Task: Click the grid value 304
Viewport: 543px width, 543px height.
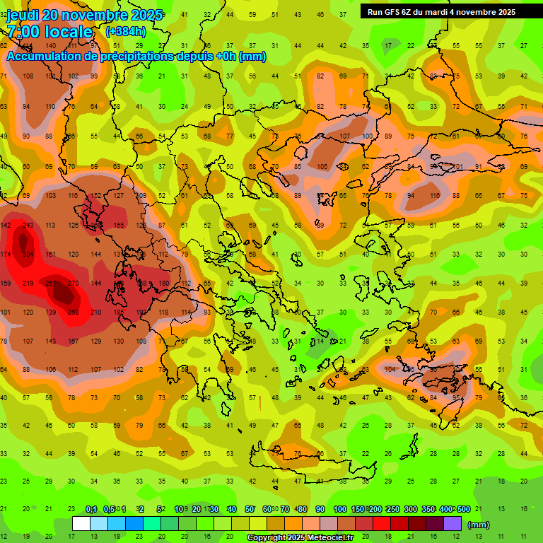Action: pos(28,255)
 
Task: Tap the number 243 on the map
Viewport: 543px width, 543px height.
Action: pos(28,226)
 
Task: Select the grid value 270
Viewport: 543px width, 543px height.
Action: pos(74,284)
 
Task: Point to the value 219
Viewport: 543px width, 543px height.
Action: pos(28,284)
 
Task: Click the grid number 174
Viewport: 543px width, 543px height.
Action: pos(6,255)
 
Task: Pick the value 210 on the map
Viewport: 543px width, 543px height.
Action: pos(96,313)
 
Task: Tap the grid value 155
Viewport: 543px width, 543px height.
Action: pos(119,226)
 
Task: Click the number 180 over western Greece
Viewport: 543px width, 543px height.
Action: pos(164,284)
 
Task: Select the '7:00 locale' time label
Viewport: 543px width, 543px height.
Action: pos(49,32)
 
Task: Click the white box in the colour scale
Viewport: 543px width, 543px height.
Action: pos(81,524)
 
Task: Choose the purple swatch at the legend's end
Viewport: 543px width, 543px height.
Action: pos(452,524)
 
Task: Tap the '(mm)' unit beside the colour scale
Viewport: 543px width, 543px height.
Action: pos(479,525)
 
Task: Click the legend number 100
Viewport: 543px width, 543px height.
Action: pos(339,510)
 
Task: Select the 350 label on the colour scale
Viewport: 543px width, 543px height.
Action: pos(428,510)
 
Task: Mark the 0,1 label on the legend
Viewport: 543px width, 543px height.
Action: pos(91,510)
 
